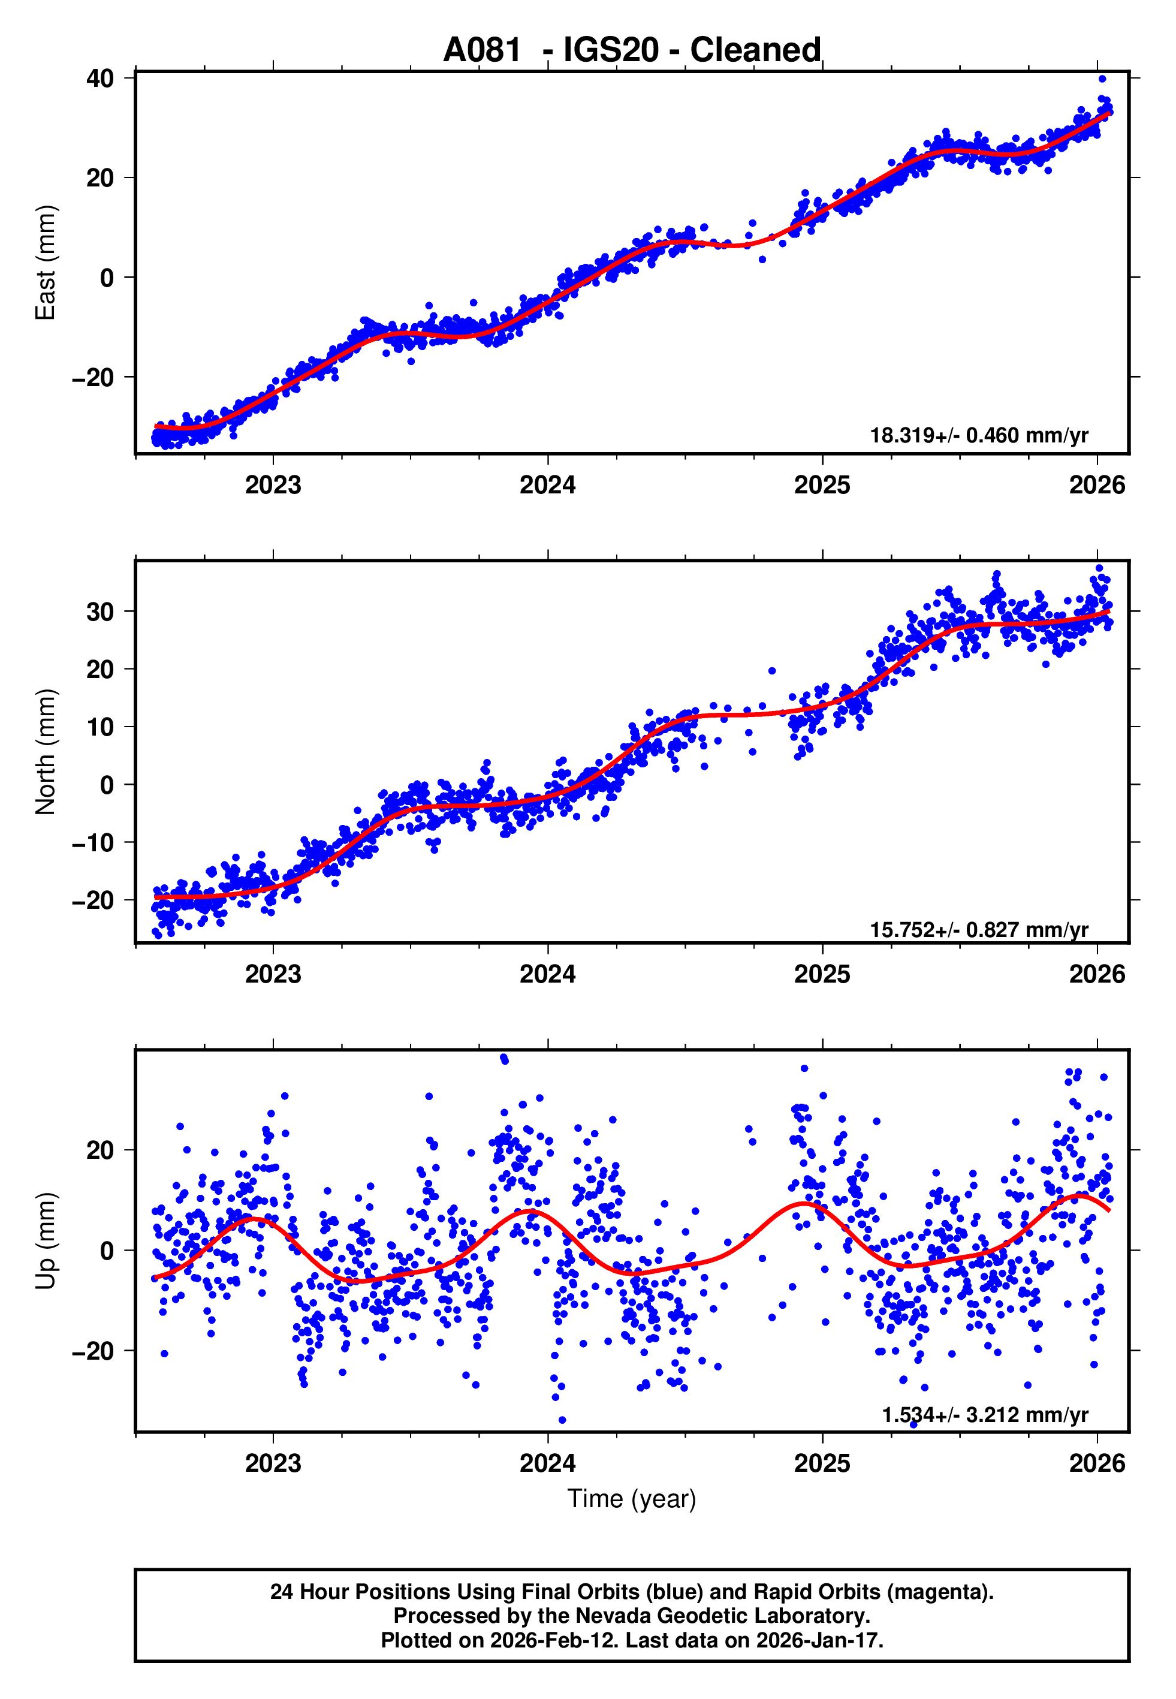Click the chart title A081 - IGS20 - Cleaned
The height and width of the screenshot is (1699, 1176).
click(632, 50)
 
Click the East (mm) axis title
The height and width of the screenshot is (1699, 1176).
click(46, 263)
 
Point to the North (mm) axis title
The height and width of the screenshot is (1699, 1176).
click(46, 752)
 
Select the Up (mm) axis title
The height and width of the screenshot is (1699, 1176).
click(46, 1241)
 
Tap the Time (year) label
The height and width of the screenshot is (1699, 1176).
click(632, 1499)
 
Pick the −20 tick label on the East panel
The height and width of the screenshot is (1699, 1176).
click(93, 378)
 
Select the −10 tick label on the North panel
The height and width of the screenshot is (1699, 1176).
click(93, 843)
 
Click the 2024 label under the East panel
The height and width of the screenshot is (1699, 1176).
click(547, 486)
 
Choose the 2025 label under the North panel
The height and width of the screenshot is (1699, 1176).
click(822, 975)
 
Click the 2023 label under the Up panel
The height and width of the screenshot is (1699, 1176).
click(273, 1463)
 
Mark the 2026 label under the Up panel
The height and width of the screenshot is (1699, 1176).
click(1097, 1463)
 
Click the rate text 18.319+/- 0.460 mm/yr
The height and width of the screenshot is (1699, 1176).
click(979, 435)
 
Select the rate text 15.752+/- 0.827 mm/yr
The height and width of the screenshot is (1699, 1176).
click(979, 930)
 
